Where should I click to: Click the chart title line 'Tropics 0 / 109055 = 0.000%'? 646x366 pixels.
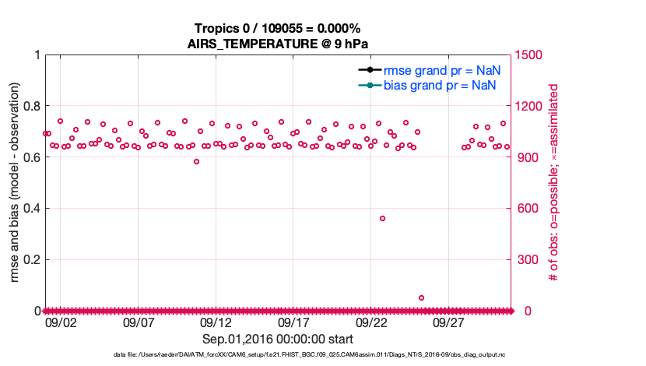tap(277, 29)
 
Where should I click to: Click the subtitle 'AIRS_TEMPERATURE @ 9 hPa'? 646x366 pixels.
tap(277, 44)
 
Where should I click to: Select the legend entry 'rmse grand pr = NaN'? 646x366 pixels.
tap(441, 70)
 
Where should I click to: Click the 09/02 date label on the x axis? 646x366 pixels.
tap(60, 322)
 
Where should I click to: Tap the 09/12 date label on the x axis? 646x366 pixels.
tap(216, 322)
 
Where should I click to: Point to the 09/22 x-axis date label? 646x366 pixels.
tap(371, 322)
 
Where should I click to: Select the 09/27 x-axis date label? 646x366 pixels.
tap(449, 322)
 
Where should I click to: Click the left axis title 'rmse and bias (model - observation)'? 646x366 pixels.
tap(15, 182)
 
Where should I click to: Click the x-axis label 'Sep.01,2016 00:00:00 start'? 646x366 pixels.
tap(278, 340)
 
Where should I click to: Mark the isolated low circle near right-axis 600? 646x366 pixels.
tap(382, 218)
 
